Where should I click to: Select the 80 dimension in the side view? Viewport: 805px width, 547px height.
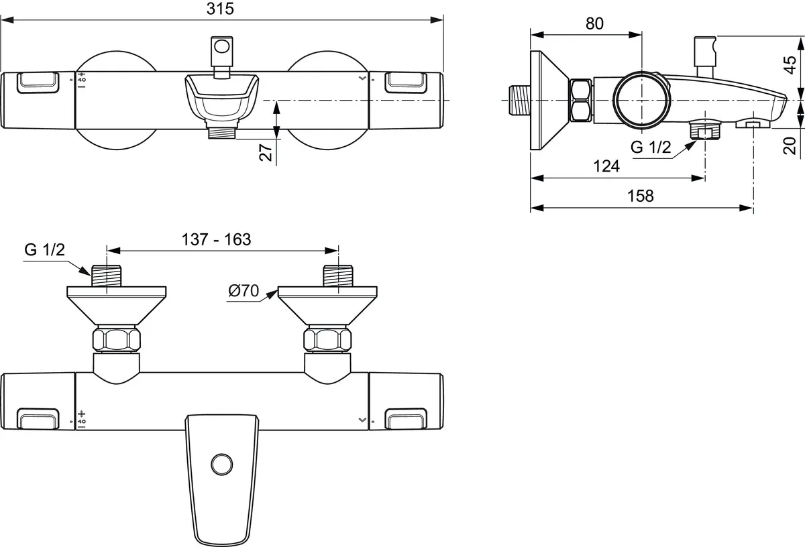click(x=594, y=23)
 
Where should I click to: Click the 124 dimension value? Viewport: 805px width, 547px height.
click(x=606, y=166)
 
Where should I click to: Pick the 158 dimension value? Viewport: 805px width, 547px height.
click(x=641, y=196)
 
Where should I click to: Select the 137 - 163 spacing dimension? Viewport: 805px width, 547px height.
click(x=216, y=239)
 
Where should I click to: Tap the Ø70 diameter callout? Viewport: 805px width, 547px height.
click(x=244, y=291)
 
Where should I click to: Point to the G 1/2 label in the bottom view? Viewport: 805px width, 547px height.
click(x=44, y=250)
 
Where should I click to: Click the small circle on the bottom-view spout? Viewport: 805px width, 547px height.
click(x=220, y=463)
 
